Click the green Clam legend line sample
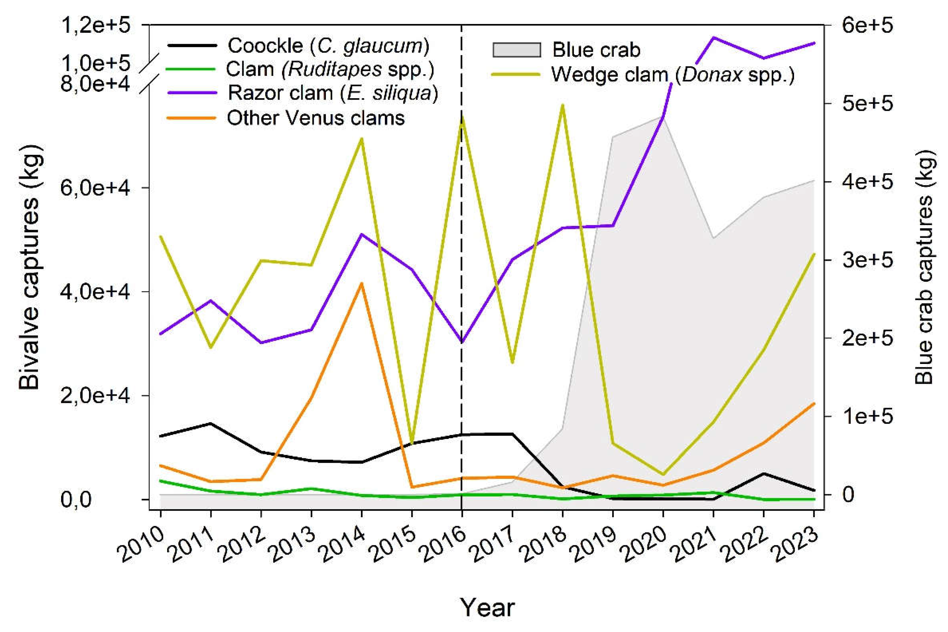(191, 69)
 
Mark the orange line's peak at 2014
(362, 283)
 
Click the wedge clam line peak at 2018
(563, 105)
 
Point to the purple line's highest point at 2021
(713, 37)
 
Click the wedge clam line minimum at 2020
(663, 474)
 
